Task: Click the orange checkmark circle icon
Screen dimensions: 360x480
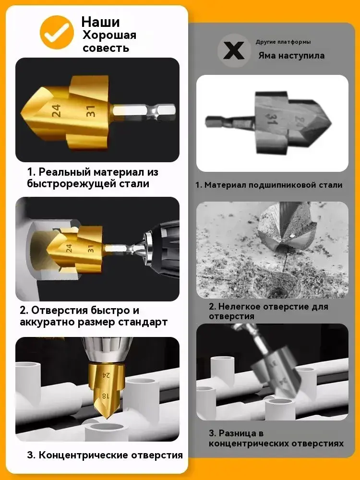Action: click(57, 33)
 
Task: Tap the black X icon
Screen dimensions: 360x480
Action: click(234, 50)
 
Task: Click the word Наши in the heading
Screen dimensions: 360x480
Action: click(100, 22)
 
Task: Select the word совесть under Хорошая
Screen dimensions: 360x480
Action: click(106, 48)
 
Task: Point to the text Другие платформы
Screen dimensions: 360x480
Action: click(283, 42)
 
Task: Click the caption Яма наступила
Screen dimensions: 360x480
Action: click(291, 56)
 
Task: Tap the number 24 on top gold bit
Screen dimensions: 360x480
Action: click(56, 110)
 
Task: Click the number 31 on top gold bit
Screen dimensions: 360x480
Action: click(91, 111)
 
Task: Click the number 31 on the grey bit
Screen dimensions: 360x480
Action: click(271, 119)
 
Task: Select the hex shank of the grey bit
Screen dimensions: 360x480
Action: click(229, 122)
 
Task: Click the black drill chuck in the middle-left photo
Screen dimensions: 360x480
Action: click(162, 248)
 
